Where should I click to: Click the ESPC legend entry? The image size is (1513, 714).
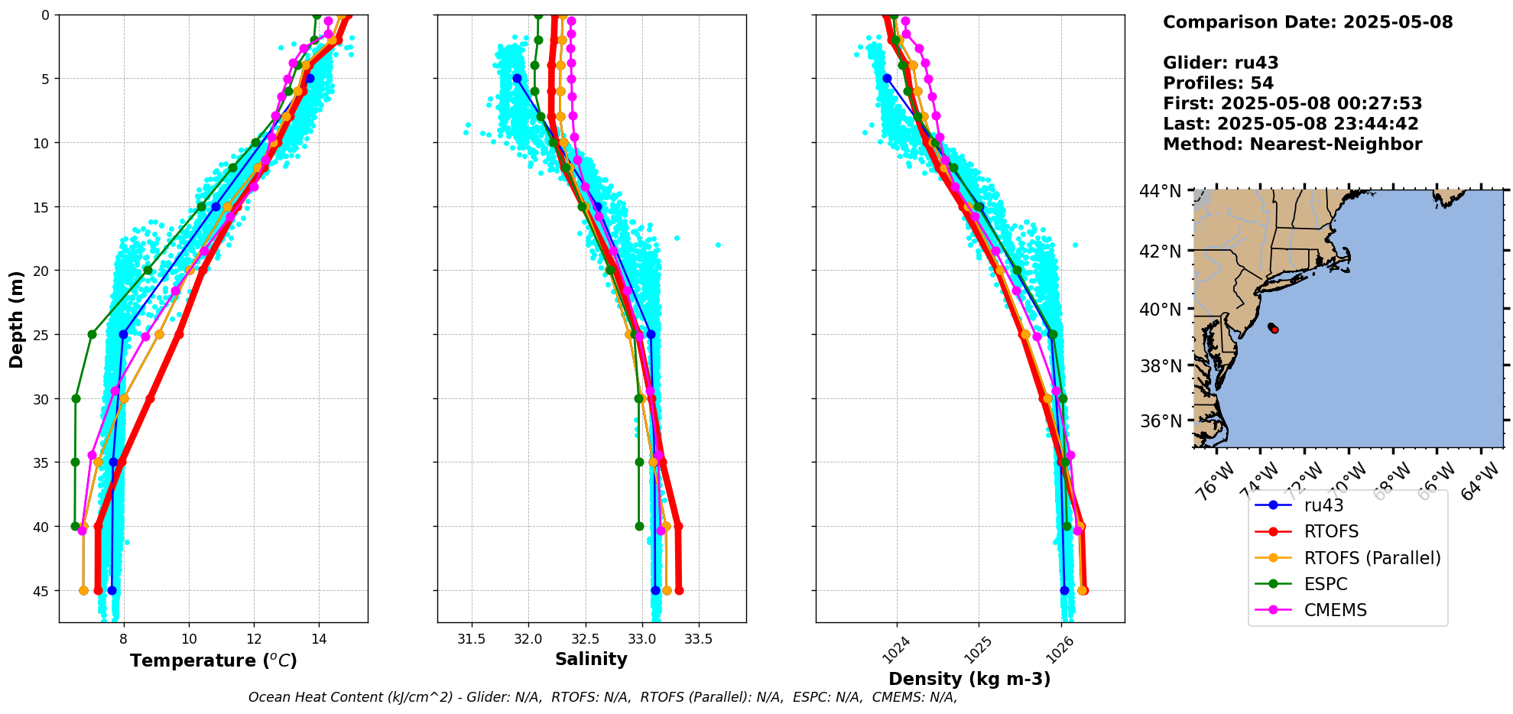[x=1326, y=584]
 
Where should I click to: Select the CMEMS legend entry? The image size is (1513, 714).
[x=1335, y=610]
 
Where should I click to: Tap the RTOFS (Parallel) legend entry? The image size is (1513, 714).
[x=1372, y=558]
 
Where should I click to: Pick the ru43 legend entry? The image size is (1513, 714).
[x=1323, y=505]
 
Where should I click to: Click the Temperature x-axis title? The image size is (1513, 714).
[x=213, y=660]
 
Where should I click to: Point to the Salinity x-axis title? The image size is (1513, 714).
[x=591, y=659]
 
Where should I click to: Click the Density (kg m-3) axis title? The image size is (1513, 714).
[x=969, y=679]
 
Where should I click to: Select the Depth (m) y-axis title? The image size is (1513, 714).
[x=17, y=319]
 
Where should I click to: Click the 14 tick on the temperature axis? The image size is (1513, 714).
[x=320, y=638]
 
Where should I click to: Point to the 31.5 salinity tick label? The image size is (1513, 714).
[x=471, y=638]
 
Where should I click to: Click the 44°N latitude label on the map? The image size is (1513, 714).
[x=1161, y=191]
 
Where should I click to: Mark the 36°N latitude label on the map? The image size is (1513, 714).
[x=1161, y=421]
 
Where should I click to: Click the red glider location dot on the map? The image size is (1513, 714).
[x=1274, y=329]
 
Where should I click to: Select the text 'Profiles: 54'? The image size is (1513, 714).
[x=1218, y=83]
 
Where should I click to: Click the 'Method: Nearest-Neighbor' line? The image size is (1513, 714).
[x=1292, y=144]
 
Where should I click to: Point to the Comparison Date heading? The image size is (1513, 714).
[x=1307, y=22]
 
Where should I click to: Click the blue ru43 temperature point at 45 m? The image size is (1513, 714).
[x=112, y=590]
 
